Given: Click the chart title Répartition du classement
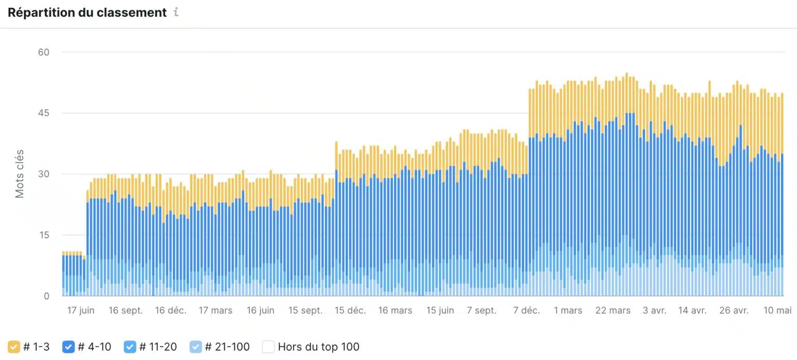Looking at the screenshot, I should click(87, 12).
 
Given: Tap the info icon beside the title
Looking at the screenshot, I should click(176, 12).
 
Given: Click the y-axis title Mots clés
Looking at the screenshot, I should click(20, 174).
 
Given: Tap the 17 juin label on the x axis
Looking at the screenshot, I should click(81, 311).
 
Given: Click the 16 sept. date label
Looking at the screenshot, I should click(126, 311).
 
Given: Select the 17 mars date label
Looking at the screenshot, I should click(215, 311).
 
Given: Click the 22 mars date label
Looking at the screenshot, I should click(613, 311).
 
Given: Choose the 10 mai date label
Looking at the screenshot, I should click(776, 311).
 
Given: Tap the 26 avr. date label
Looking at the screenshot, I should click(734, 311).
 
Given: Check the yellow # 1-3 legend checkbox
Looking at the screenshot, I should click(14, 347).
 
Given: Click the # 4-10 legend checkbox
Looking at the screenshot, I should click(68, 347).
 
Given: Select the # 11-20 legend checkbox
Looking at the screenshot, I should click(130, 347).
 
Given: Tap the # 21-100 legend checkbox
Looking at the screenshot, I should click(196, 347).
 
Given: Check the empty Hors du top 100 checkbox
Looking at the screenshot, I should click(268, 347).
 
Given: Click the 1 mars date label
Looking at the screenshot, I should click(568, 311).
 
